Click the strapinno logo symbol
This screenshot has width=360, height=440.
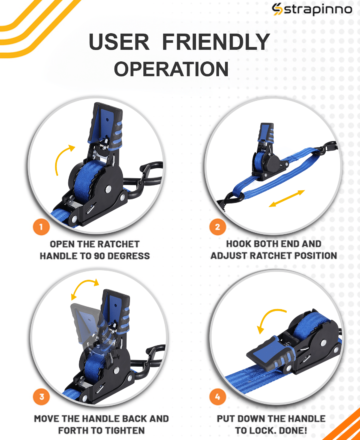tap(277, 9)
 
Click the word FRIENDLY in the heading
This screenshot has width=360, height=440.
tap(216, 42)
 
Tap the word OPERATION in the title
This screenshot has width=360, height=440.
tap(171, 69)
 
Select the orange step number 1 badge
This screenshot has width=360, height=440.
tap(41, 227)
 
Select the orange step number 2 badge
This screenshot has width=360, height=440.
tap(217, 227)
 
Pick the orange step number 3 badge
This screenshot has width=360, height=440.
tap(41, 397)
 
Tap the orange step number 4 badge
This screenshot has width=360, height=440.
tap(217, 397)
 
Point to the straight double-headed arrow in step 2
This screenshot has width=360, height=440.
tap(287, 198)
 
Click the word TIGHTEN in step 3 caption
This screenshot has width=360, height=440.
tap(124, 431)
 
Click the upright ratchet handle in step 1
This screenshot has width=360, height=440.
tap(105, 124)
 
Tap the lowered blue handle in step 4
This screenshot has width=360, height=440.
tap(271, 354)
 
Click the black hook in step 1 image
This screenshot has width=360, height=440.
tap(147, 176)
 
